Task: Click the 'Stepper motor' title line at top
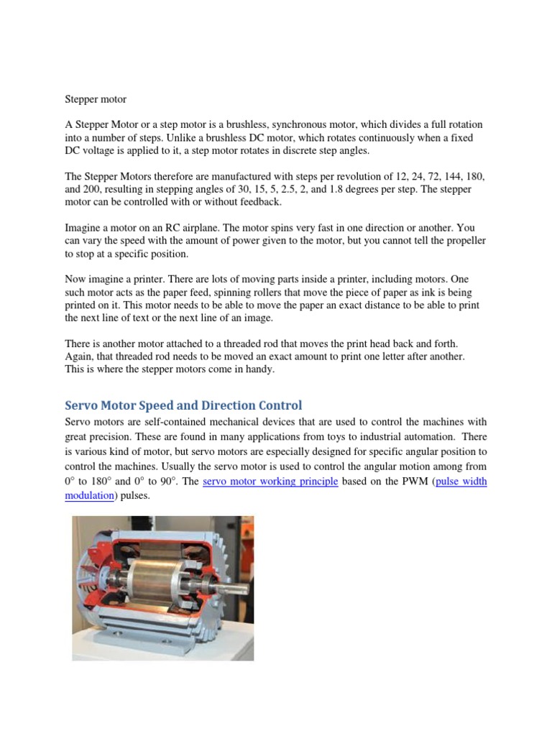[96, 98]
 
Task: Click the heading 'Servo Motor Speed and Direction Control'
[183, 405]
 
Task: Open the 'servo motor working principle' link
[270, 481]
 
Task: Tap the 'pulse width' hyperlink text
[461, 481]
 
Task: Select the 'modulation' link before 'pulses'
[89, 496]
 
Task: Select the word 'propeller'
[461, 241]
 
